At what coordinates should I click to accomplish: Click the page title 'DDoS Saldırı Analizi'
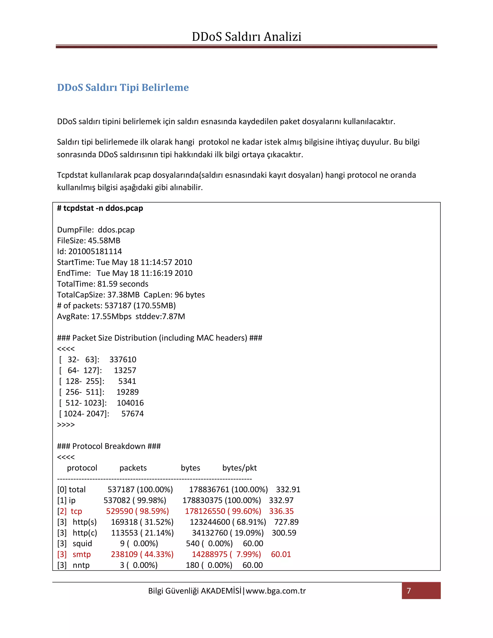click(246, 37)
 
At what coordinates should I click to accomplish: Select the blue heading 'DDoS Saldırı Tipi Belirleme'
click(123, 87)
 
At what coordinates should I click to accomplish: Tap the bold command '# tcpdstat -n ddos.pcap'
click(100, 208)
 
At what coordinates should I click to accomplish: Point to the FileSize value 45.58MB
click(104, 241)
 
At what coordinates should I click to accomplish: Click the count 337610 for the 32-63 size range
click(123, 360)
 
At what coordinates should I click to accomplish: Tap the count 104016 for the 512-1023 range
click(130, 403)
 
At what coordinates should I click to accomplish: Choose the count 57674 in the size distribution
click(132, 414)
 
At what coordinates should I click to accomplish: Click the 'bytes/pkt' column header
click(239, 468)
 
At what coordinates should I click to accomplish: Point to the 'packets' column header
click(133, 468)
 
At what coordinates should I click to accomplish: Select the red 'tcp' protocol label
click(76, 511)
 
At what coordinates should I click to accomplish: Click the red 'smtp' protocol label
click(82, 554)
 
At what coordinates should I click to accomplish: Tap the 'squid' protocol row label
click(82, 544)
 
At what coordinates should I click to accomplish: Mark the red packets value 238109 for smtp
click(124, 554)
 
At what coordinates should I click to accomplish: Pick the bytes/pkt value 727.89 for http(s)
click(286, 522)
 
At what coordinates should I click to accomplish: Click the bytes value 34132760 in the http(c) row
click(210, 533)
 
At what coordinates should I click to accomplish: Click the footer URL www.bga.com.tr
click(276, 591)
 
